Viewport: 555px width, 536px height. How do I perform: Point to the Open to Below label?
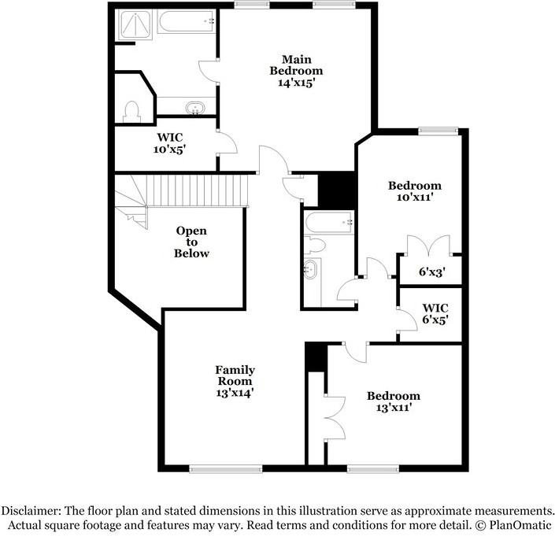(x=191, y=242)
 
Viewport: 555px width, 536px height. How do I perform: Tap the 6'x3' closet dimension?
(x=432, y=272)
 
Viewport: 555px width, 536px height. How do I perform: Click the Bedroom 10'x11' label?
(x=414, y=192)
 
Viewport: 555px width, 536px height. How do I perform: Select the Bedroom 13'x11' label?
(x=393, y=401)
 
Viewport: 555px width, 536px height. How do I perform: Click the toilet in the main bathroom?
(x=131, y=111)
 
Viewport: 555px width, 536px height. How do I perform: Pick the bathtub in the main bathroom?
(x=186, y=21)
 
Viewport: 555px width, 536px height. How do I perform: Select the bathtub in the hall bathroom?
(x=328, y=222)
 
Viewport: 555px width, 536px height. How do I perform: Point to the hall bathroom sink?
(x=311, y=269)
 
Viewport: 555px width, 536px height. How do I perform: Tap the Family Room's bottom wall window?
(x=225, y=469)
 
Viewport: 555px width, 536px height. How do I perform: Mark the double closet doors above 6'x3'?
(x=428, y=245)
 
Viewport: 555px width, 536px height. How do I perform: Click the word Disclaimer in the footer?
(x=37, y=509)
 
